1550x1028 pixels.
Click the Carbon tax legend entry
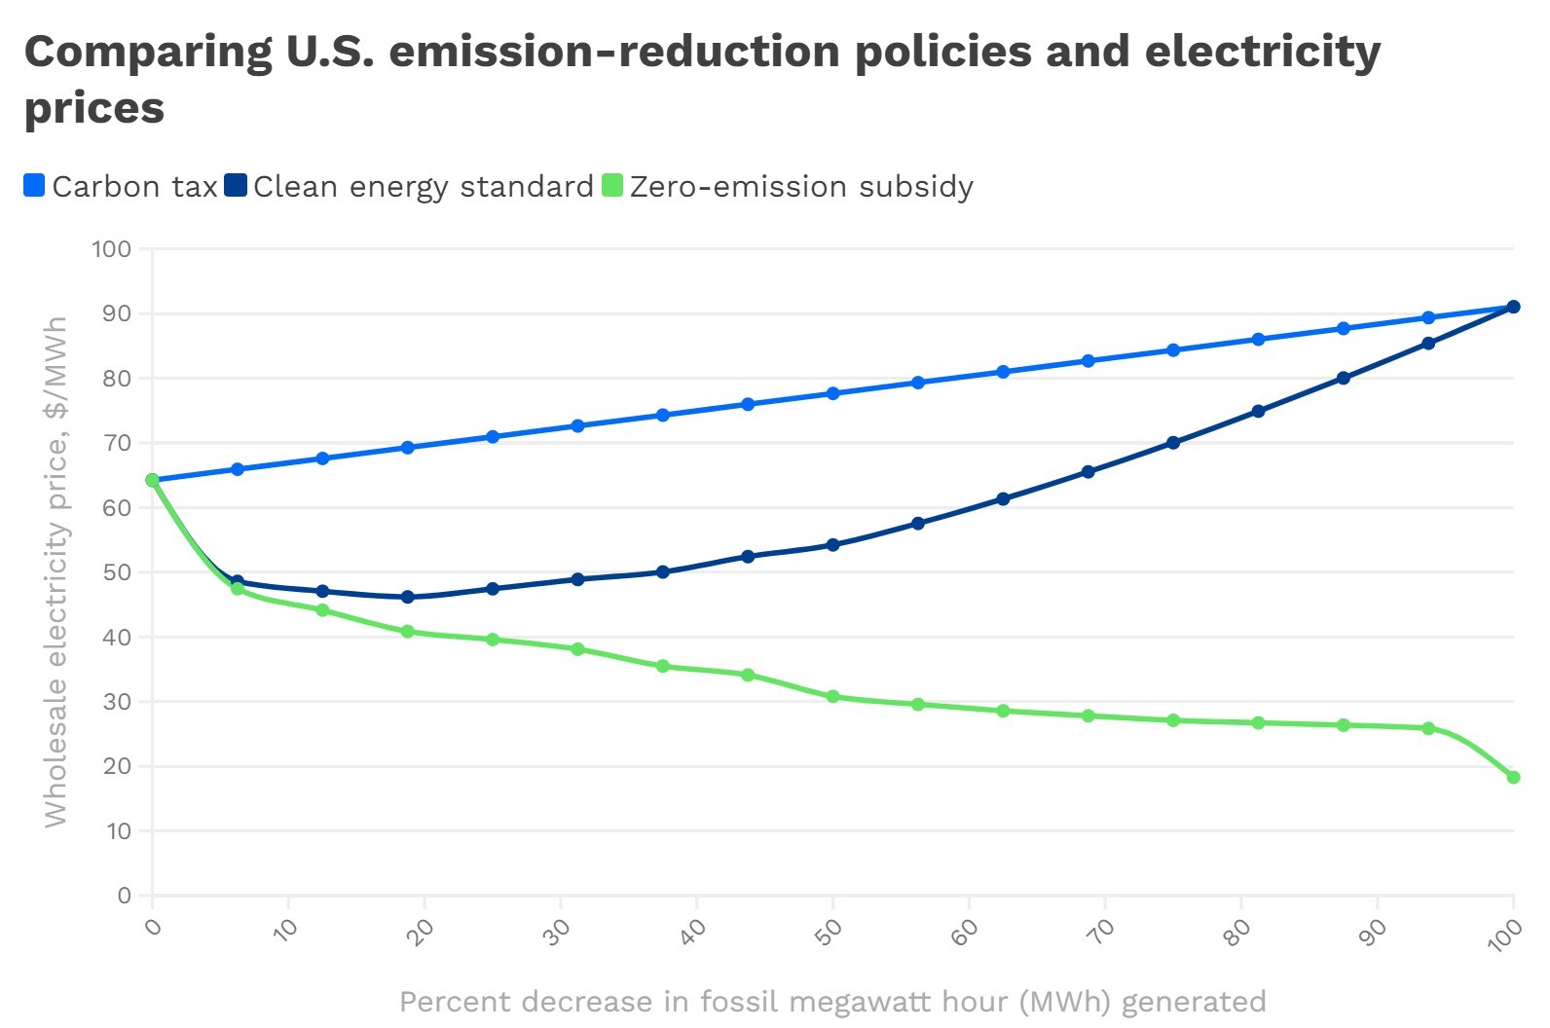(121, 186)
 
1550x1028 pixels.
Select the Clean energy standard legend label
(423, 186)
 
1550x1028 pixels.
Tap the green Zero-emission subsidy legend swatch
(612, 185)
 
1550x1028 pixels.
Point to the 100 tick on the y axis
(111, 249)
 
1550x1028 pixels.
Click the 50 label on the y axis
(116, 572)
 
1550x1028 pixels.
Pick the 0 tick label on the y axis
(124, 896)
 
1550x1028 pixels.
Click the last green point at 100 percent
(1513, 777)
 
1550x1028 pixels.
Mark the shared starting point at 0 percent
(152, 480)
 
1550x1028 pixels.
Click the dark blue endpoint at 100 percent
(1513, 307)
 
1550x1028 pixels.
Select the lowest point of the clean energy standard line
(407, 597)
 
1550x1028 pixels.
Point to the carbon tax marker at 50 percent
(832, 393)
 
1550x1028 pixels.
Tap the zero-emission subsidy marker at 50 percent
(832, 697)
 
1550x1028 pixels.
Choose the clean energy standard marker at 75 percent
(1173, 443)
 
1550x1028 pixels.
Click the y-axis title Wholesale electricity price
(55, 572)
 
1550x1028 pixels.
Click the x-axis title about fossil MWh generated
(832, 1002)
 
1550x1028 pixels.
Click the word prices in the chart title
(94, 108)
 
